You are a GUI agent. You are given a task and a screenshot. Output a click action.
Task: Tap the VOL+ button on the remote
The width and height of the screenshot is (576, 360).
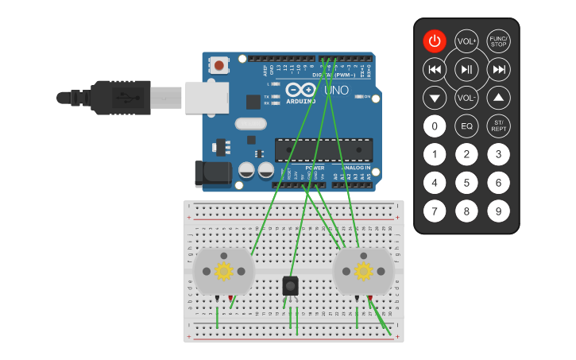[x=466, y=41]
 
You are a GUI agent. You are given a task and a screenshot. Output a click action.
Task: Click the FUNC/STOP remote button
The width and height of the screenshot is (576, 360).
[x=498, y=41]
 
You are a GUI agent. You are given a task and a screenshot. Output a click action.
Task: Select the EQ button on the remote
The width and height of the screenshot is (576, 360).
[x=466, y=126]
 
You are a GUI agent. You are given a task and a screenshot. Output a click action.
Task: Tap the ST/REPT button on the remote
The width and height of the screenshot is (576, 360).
[x=498, y=126]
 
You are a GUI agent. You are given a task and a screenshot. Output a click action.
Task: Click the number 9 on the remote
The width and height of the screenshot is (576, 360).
[x=498, y=211]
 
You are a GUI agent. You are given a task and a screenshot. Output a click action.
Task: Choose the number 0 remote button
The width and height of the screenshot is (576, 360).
[x=435, y=126]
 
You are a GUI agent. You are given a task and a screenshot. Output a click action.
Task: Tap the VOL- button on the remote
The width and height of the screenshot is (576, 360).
[x=466, y=99]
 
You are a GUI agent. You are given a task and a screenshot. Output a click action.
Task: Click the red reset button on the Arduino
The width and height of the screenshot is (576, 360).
[x=218, y=64]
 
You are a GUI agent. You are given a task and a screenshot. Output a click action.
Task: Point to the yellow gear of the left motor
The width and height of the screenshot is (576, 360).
[x=223, y=271]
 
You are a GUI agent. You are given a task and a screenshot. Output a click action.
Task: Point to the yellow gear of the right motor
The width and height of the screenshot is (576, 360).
[x=364, y=271]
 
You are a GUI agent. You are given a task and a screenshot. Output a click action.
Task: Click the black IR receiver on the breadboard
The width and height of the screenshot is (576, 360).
[x=291, y=285]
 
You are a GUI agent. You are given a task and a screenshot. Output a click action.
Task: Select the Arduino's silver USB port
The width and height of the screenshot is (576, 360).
[x=207, y=98]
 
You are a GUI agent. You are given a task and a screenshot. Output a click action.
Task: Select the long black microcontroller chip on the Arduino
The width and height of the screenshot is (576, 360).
[x=323, y=149]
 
